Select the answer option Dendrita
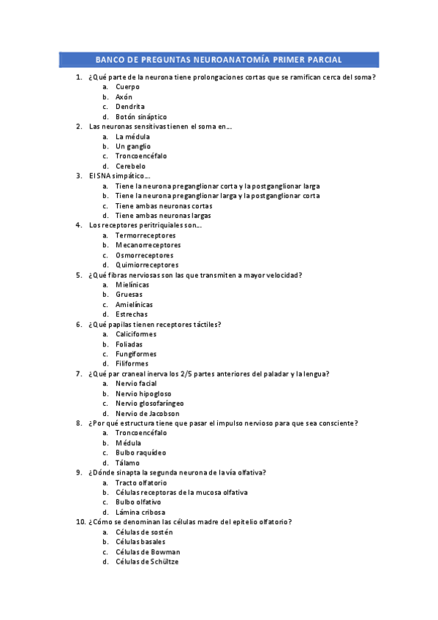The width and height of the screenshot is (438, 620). [x=129, y=107]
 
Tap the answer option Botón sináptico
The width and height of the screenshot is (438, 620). [x=140, y=117]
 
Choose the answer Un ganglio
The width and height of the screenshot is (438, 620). [x=132, y=146]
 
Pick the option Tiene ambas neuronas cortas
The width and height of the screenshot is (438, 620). [x=164, y=206]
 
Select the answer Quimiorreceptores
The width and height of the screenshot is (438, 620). [x=146, y=265]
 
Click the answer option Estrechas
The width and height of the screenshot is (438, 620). [x=131, y=314]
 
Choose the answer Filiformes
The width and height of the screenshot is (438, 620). [x=132, y=363]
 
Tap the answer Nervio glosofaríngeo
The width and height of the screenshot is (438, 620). [x=149, y=403]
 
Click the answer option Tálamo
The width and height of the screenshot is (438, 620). [x=127, y=463]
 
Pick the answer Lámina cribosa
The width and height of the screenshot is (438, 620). [x=140, y=513]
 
